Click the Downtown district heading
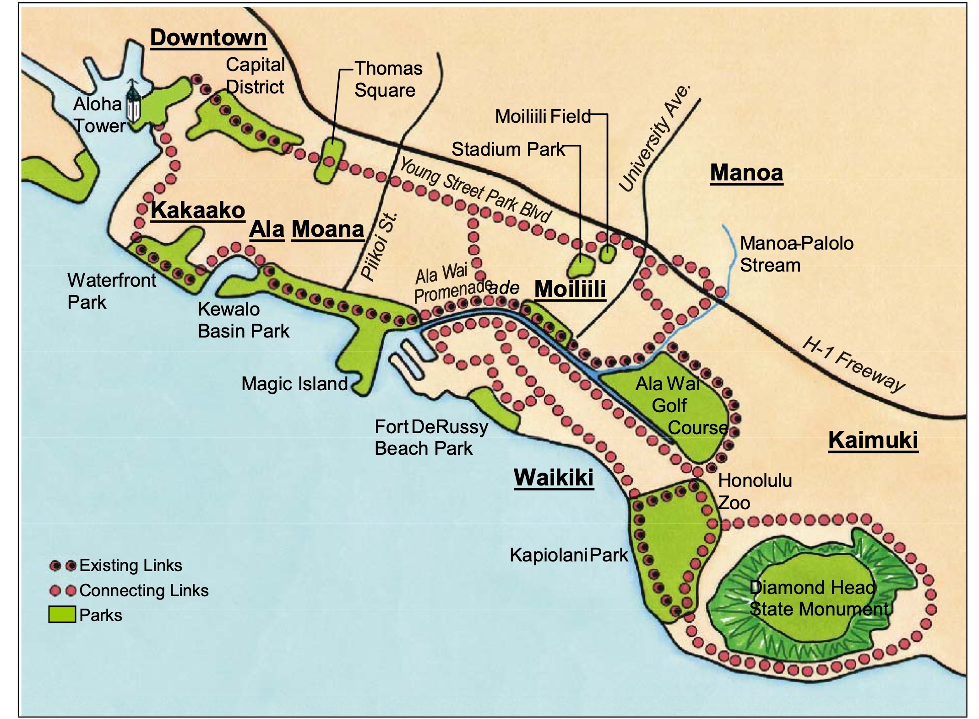tap(208, 37)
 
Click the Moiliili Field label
tap(543, 116)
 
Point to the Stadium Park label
tap(508, 149)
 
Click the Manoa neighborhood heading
tap(746, 173)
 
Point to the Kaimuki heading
tap(873, 440)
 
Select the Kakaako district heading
tap(198, 210)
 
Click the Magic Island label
tap(294, 384)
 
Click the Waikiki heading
tap(554, 478)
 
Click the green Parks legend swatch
tap(62, 614)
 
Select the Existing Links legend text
tap(131, 566)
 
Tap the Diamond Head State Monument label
tap(819, 598)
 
